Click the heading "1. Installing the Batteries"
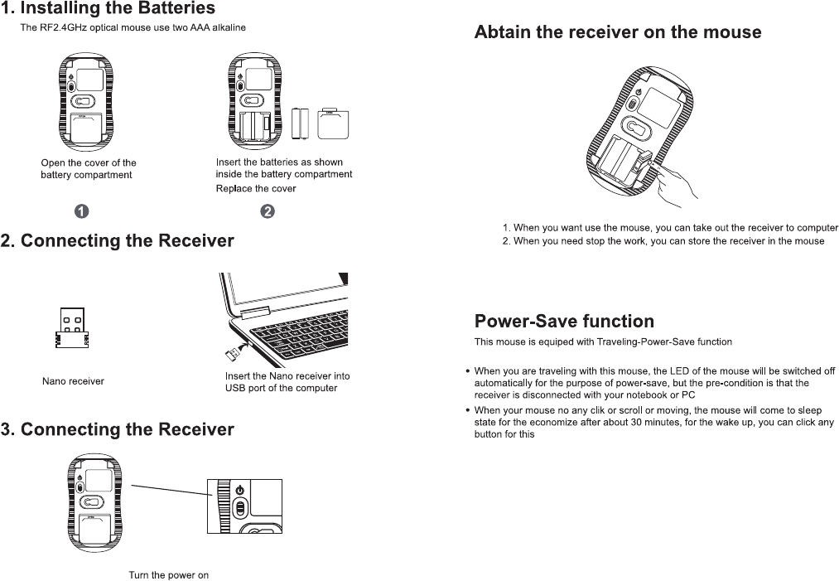point(108,9)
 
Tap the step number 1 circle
point(83,211)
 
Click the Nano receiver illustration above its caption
point(73,330)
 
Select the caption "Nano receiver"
point(73,381)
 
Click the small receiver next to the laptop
point(231,355)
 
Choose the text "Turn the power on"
point(168,574)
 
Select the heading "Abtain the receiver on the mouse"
point(617,32)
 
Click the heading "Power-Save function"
point(563,321)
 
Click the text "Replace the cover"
point(255,188)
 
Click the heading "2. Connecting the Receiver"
point(118,241)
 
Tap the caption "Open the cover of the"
point(89,162)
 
